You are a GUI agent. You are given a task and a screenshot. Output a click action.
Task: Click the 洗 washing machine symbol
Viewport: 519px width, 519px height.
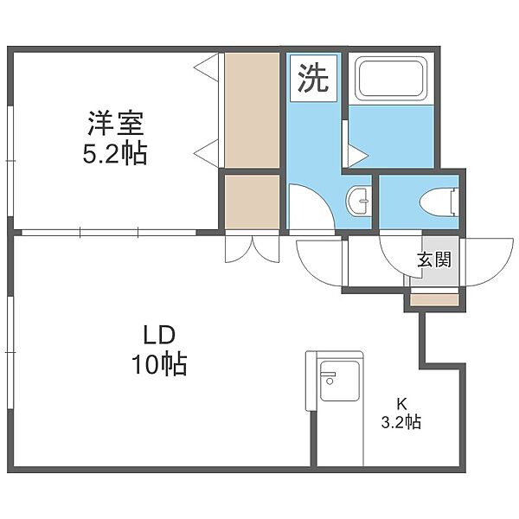(x=313, y=78)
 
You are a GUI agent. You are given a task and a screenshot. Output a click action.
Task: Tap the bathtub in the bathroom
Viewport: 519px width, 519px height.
(x=391, y=78)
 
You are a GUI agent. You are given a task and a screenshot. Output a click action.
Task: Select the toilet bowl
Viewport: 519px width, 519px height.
(x=439, y=202)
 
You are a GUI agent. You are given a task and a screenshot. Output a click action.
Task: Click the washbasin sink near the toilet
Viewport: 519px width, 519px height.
(x=358, y=201)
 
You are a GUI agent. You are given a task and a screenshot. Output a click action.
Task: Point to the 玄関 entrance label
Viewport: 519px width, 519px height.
(x=434, y=259)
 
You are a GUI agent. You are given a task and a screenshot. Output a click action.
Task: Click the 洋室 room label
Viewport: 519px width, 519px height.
(x=115, y=124)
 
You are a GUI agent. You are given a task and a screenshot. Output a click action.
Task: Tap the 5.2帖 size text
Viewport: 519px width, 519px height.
(x=114, y=154)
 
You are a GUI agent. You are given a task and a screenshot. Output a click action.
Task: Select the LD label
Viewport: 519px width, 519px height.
(x=158, y=336)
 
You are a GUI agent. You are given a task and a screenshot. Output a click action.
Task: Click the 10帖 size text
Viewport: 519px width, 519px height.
(x=159, y=364)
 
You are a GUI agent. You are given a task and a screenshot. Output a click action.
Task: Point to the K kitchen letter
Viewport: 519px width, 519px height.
(x=401, y=404)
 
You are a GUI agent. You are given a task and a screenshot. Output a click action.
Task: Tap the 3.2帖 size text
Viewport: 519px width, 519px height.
(x=401, y=423)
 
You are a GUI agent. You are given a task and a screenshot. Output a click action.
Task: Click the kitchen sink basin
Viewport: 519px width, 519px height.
(x=340, y=381)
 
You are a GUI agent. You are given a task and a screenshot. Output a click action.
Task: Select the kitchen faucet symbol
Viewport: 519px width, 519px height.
(x=329, y=377)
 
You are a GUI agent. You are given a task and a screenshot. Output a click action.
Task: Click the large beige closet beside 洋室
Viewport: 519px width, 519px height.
(x=253, y=110)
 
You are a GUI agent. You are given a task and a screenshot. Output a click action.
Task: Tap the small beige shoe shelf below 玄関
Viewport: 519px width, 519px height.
(x=434, y=300)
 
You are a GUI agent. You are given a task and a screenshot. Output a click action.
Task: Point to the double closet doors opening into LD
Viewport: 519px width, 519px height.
(x=253, y=249)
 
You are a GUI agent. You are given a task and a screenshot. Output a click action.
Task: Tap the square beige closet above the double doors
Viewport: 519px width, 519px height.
(x=253, y=202)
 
